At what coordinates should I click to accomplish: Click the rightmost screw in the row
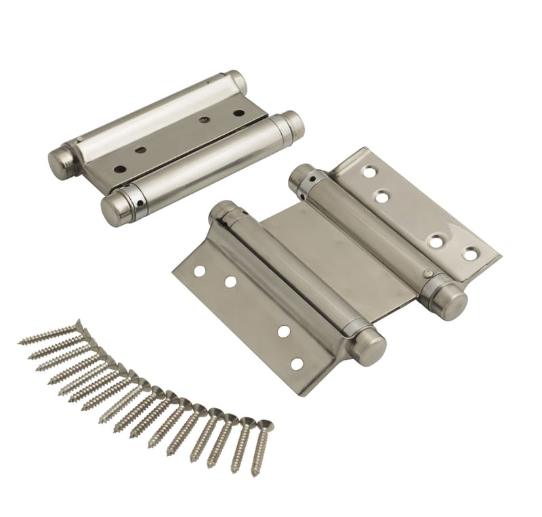point(261,447)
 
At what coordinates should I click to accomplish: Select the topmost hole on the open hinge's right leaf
point(369,172)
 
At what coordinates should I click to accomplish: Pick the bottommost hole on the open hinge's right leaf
point(470,255)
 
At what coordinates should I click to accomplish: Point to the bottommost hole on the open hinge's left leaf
point(296,364)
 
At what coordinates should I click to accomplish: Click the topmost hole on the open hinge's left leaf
point(199,271)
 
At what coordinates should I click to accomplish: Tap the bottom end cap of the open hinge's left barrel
point(368,346)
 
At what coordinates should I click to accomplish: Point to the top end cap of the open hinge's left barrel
point(221,211)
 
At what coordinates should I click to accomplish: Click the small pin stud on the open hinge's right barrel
point(428,274)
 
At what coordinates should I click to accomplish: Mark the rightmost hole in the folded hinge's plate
point(238,112)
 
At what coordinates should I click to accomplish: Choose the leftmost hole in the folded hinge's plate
point(120,169)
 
